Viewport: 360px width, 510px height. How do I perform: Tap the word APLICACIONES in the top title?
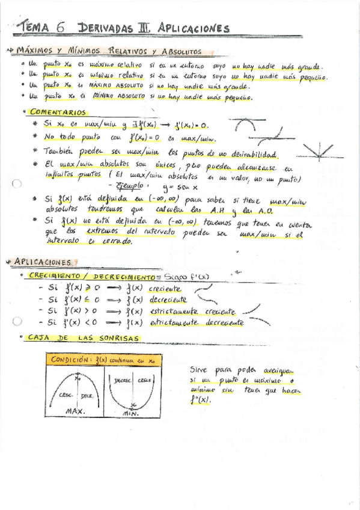[194, 28]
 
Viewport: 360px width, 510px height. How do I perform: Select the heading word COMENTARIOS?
[58, 112]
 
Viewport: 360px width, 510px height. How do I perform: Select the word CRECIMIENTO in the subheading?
[55, 275]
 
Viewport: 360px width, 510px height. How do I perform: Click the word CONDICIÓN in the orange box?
[71, 360]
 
